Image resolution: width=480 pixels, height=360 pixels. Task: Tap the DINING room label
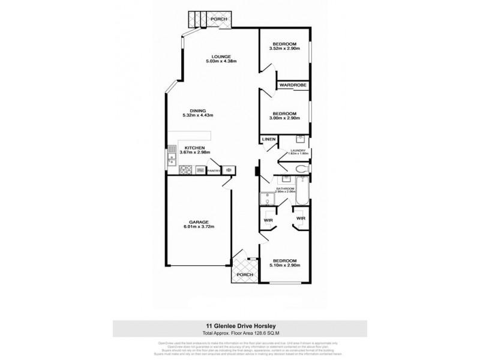(x=198, y=110)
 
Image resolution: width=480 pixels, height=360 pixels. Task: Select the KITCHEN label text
(x=194, y=148)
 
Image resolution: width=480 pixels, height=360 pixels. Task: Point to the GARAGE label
(x=197, y=221)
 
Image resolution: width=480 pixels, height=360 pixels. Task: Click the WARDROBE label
(x=292, y=85)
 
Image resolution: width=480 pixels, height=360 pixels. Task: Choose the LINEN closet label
(x=268, y=140)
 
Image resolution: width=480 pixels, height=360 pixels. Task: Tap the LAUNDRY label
(x=298, y=151)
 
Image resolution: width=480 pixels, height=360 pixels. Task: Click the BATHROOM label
(x=286, y=188)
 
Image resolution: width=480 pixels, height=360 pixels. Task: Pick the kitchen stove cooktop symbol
(x=185, y=170)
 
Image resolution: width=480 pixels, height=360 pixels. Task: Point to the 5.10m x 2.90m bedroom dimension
(x=284, y=266)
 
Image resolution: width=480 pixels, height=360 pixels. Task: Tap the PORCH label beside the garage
(x=244, y=274)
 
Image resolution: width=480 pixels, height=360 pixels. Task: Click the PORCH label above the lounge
(x=218, y=20)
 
